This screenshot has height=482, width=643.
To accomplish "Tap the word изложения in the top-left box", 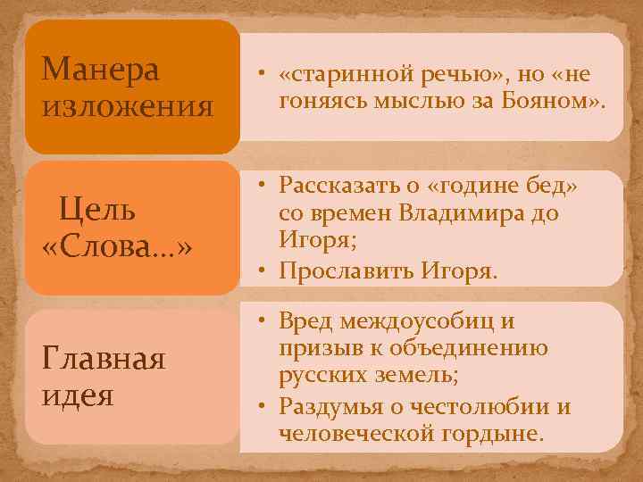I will click(128, 107).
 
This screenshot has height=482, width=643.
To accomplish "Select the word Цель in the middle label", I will click(97, 211).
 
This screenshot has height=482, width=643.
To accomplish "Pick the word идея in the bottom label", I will click(78, 395).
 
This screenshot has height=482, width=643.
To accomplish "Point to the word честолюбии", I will click(476, 406).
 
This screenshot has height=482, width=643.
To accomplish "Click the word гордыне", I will click(496, 434).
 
